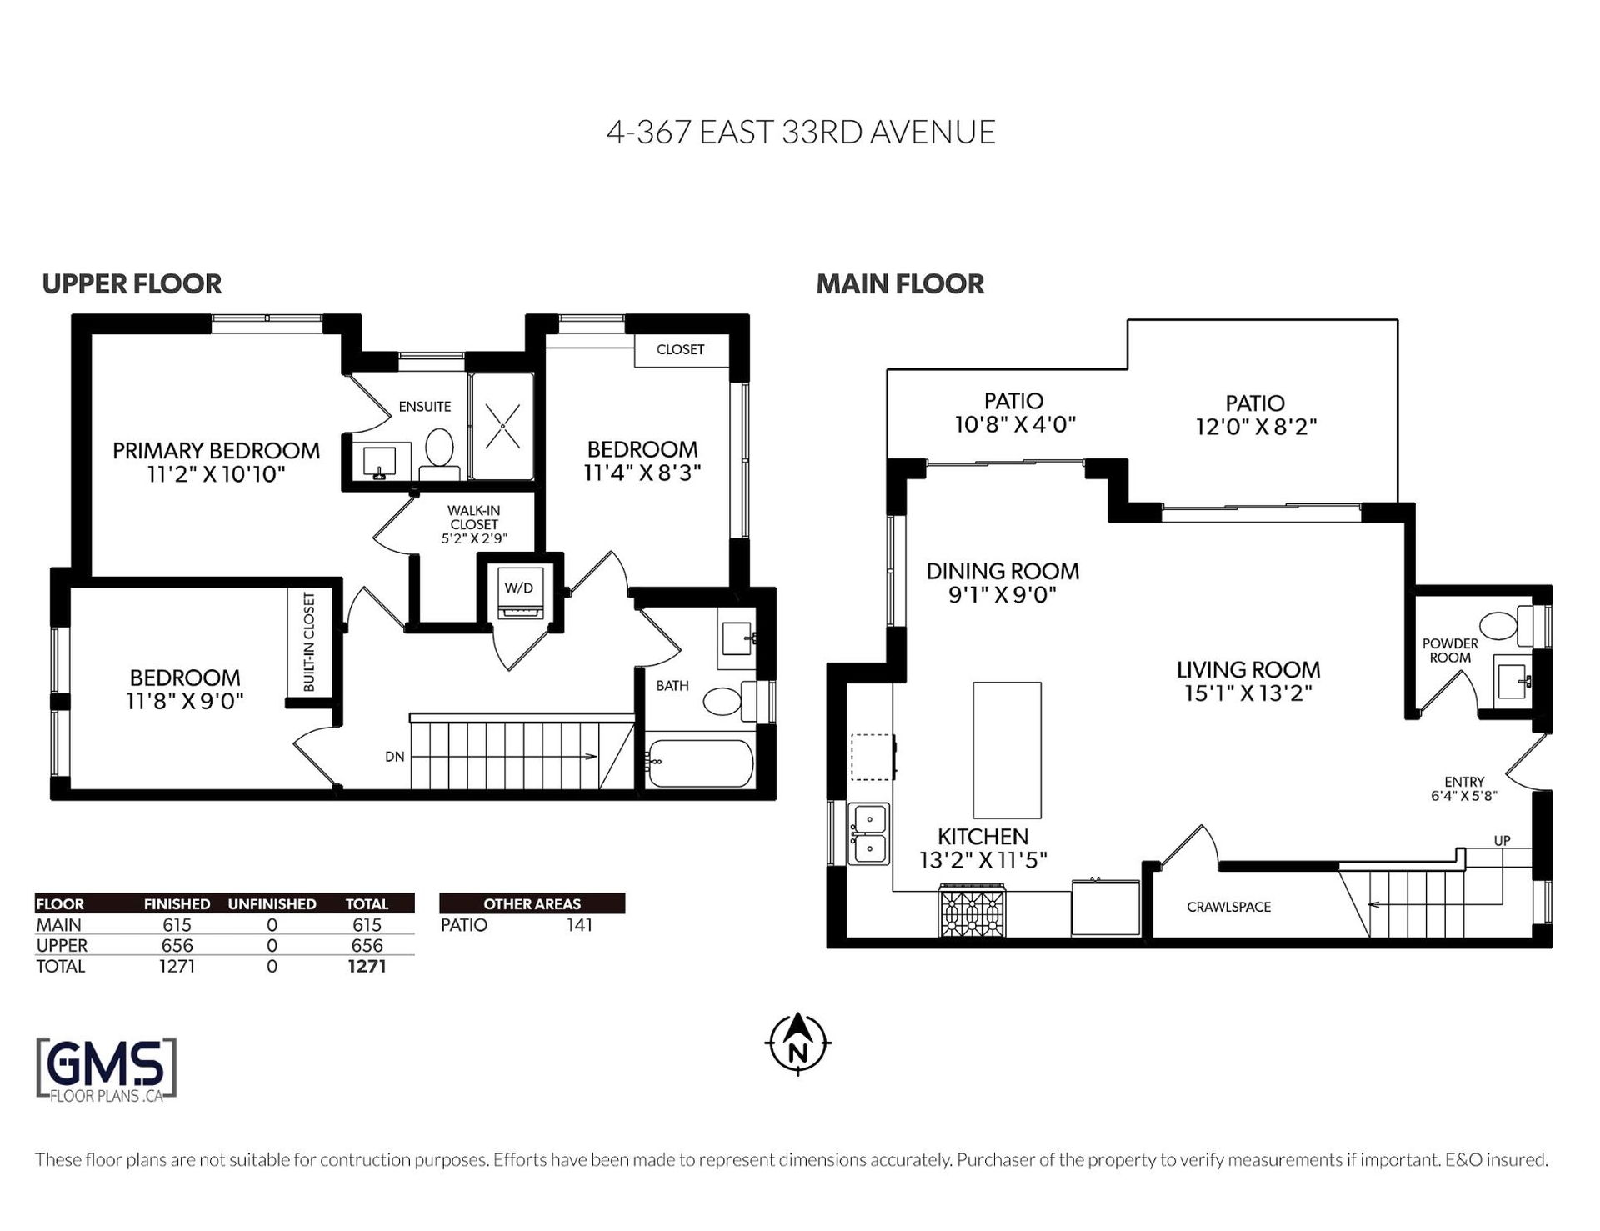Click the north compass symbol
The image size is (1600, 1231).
[x=797, y=1043]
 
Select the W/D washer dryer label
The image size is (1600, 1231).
[x=518, y=588]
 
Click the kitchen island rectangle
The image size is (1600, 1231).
[x=1007, y=750]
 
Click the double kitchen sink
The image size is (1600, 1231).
[x=868, y=834]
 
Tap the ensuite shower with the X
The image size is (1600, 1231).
[x=502, y=426]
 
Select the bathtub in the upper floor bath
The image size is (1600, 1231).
[x=700, y=763]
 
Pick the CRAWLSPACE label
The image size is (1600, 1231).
[x=1228, y=907]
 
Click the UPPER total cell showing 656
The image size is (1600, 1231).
[x=367, y=945]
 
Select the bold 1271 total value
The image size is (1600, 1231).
[x=367, y=966]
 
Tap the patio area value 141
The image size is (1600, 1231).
[x=579, y=924]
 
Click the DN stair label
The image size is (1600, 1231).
[x=394, y=757]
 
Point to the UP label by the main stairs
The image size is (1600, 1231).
[x=1502, y=841]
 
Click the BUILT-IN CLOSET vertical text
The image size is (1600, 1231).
[x=309, y=642]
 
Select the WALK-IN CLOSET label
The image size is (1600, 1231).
[x=474, y=517]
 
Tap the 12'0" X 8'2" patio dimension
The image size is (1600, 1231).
[x=1255, y=427]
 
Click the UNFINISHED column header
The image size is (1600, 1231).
[x=272, y=903]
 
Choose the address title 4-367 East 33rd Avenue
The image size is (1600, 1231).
[x=801, y=133]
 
